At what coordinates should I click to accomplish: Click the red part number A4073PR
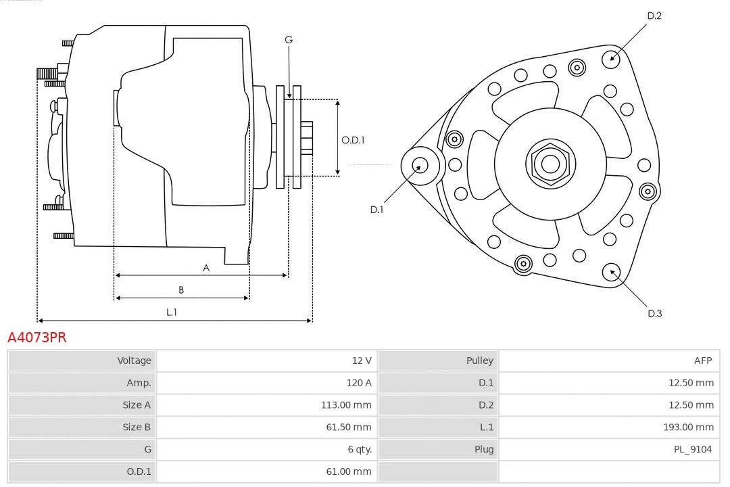coord(37,338)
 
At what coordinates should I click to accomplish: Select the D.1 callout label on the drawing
coord(376,210)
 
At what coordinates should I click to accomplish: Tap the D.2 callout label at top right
coord(654,16)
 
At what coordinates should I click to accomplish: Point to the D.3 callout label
coord(654,313)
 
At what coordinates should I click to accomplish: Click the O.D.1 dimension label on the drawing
coord(353,140)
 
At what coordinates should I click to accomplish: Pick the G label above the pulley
coord(289,40)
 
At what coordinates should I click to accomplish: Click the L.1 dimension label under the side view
coord(172,312)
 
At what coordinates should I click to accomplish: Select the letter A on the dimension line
coord(206,268)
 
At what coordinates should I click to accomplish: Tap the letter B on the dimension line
coord(181,290)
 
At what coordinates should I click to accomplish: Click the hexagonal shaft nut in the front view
coord(550,164)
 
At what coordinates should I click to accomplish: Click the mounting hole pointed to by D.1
coord(419,164)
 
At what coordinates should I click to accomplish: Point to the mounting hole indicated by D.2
coord(612,57)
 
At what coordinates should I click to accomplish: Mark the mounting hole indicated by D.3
coord(612,272)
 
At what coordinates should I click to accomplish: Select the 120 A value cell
coord(358,383)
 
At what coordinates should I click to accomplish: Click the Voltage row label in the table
coord(134,361)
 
